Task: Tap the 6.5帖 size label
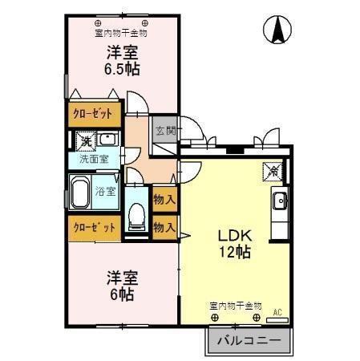pos(122,69)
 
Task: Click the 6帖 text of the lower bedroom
pos(122,294)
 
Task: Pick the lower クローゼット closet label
pos(94,227)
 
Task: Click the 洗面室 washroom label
pos(94,159)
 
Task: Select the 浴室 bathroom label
pos(106,191)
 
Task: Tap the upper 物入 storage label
pos(164,198)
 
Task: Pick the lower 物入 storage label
pos(164,227)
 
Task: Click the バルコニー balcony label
pos(249,341)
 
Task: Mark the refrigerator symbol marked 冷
pos(273,170)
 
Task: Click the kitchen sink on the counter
pos(280,201)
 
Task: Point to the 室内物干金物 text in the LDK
pos(236,305)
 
